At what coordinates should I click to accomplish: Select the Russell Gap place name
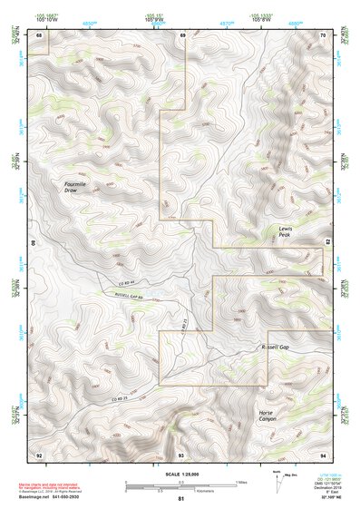[273, 347]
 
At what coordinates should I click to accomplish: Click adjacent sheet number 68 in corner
[39, 35]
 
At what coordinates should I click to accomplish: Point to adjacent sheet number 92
[39, 454]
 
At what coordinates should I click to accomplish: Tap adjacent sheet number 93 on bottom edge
[181, 454]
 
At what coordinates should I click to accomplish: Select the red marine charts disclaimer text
[50, 485]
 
